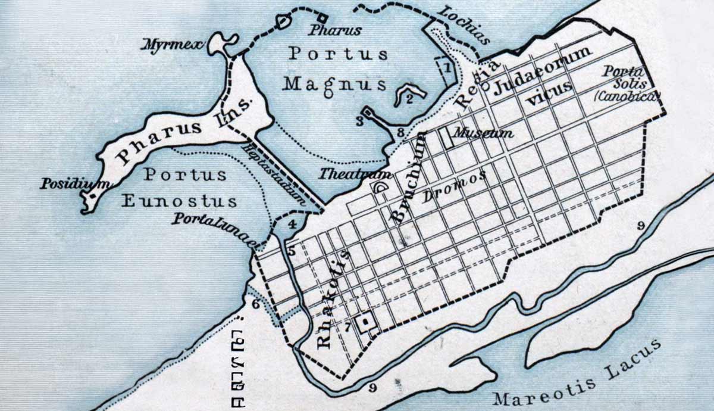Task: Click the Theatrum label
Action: point(355,175)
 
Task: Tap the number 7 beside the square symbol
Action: point(348,326)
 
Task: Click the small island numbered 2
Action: point(411,95)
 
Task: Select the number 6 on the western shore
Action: point(255,304)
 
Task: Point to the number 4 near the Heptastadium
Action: point(292,225)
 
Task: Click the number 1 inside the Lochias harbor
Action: point(446,68)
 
